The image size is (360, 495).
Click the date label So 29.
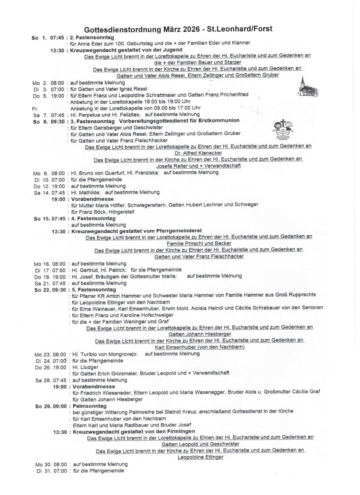tap(43, 406)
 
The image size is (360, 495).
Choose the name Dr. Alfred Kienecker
tap(198, 153)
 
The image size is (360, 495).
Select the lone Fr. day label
tap(35, 108)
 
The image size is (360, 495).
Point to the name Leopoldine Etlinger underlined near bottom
tap(200, 457)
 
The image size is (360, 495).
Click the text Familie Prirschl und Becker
tap(199, 244)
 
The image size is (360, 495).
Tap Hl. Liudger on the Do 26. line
tap(85, 367)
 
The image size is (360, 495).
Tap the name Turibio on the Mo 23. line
tap(90, 354)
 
